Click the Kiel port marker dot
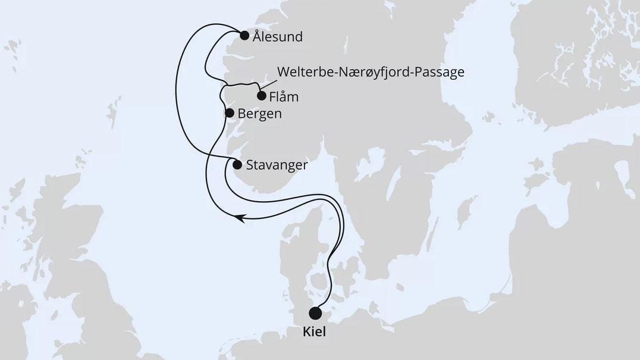315,313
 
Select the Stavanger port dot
237,165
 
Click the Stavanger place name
277,165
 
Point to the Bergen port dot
229,112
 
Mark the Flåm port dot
261,96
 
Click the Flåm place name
284,96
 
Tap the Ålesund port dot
244,36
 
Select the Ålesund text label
277,36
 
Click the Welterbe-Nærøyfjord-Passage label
371,73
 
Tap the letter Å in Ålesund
257,36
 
